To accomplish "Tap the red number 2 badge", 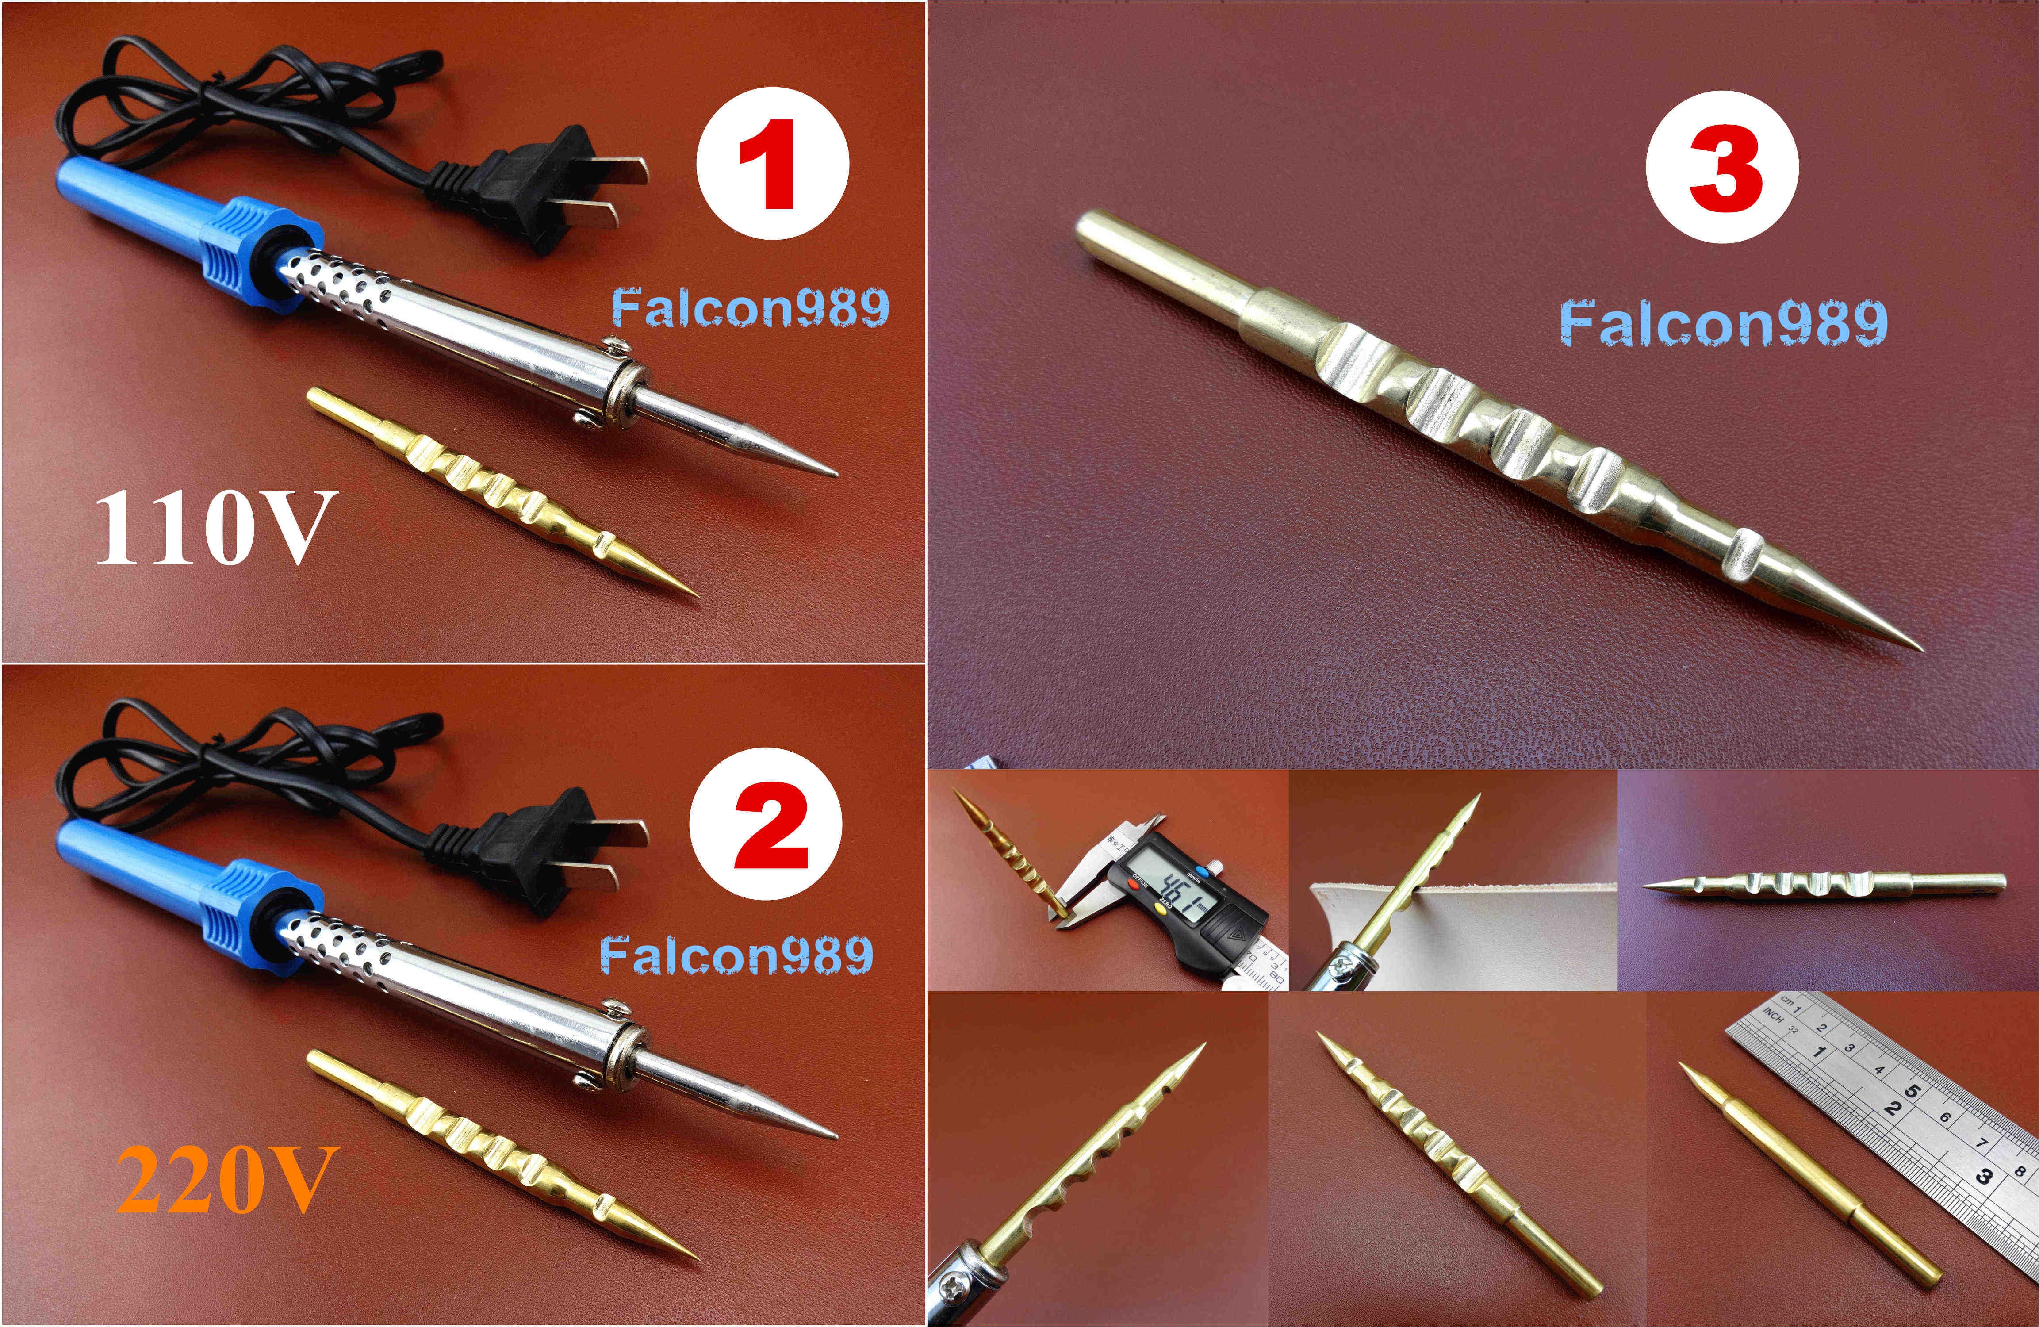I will (765, 823).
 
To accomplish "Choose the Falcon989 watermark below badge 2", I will (737, 955).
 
